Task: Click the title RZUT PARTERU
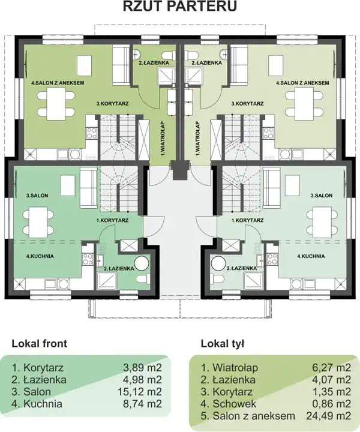(180, 6)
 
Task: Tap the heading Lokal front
(39, 344)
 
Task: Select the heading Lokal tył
(222, 344)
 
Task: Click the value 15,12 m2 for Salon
(142, 392)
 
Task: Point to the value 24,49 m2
(329, 416)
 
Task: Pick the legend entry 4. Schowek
(229, 404)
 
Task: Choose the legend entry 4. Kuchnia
(37, 404)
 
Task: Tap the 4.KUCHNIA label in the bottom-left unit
(40, 256)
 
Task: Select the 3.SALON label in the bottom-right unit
(322, 196)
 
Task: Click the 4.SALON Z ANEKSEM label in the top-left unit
(58, 83)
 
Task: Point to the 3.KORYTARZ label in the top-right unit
(247, 104)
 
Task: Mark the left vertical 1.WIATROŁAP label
(162, 139)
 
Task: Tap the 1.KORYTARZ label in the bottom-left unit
(112, 220)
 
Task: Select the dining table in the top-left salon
(56, 104)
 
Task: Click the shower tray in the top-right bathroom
(194, 75)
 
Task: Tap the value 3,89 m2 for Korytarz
(142, 368)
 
